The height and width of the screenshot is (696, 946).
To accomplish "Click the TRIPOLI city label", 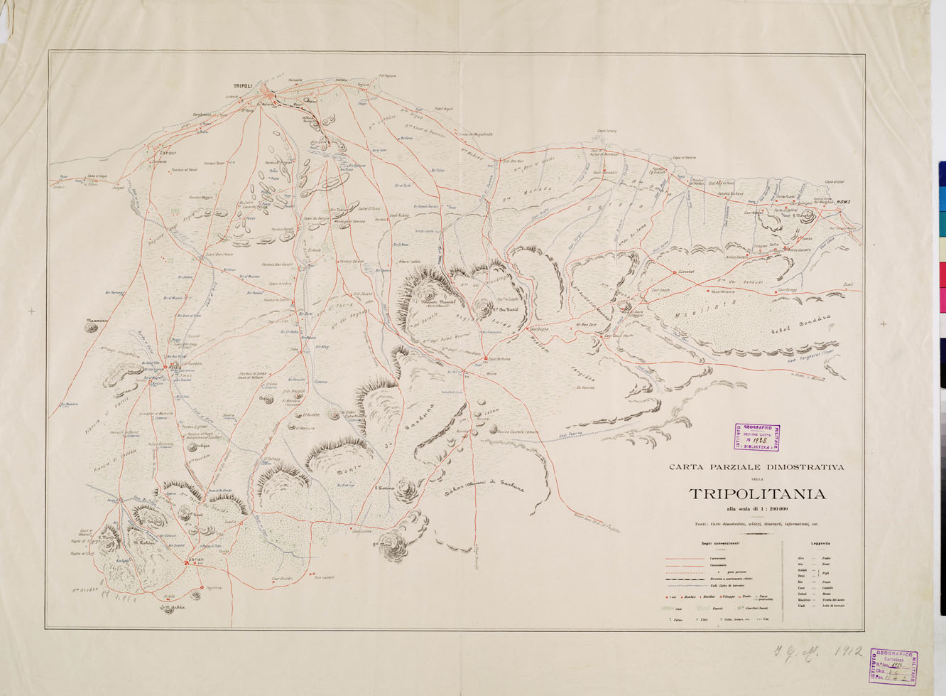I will pyautogui.click(x=244, y=86).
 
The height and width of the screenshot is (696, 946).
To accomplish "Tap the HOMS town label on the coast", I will pyautogui.click(x=843, y=202).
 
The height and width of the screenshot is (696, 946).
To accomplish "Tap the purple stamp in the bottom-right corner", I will pyautogui.click(x=893, y=667).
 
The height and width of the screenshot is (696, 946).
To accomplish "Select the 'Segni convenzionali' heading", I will pyautogui.click(x=719, y=543).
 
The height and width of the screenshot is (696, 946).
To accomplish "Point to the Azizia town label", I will pyautogui.click(x=173, y=368).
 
